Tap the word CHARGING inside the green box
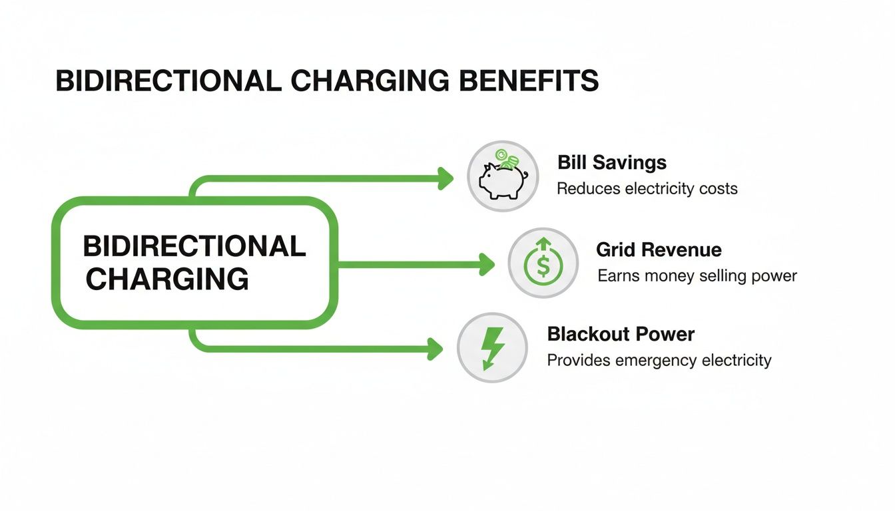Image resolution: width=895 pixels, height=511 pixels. click(x=167, y=279)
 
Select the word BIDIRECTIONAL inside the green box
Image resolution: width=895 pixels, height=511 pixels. click(x=194, y=247)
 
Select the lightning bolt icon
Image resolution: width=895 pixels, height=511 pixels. click(x=492, y=347)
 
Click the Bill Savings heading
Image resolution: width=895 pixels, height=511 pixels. click(x=611, y=162)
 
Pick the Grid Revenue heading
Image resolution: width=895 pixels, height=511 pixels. click(x=658, y=250)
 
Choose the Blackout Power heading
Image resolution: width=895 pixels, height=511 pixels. click(x=620, y=334)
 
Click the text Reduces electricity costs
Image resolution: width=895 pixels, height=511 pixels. click(x=647, y=189)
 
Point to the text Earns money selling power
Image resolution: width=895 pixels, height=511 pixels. click(x=697, y=275)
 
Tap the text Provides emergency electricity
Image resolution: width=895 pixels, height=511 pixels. click(x=659, y=361)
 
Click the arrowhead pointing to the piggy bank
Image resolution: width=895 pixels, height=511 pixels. click(x=445, y=178)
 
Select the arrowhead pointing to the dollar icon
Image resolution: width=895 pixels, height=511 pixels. click(x=487, y=264)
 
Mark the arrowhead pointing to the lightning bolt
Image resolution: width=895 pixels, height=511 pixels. click(x=435, y=349)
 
